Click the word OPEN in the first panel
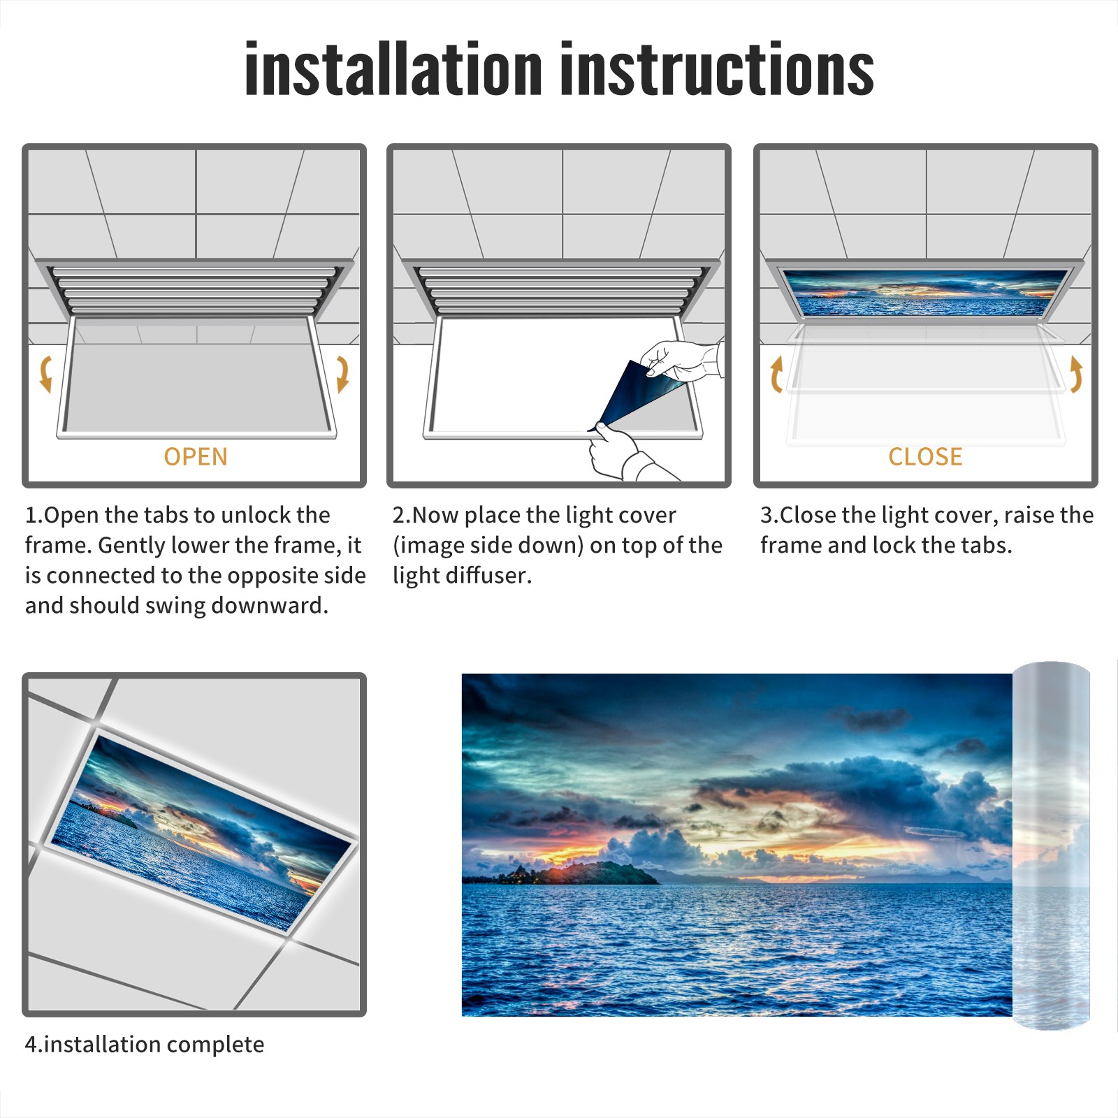point(196,457)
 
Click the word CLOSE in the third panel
point(925,457)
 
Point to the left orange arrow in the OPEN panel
point(45,374)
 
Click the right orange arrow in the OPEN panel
point(343,374)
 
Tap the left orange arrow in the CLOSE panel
point(775,374)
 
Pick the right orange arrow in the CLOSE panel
point(1077,374)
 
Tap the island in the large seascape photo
point(580,873)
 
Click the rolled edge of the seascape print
point(1052,845)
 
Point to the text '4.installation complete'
point(145,1045)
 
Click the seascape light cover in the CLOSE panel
point(925,292)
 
